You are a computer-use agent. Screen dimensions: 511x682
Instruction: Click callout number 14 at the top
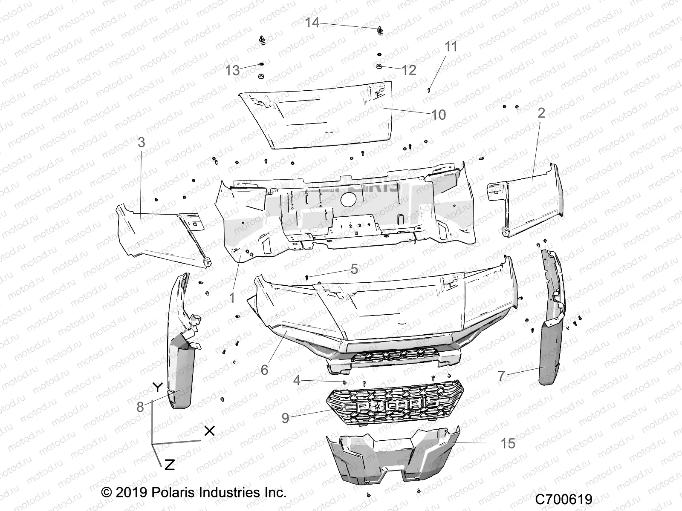point(312,23)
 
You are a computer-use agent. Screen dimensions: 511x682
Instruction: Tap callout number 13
point(233,70)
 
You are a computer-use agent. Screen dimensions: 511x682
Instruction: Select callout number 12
point(409,70)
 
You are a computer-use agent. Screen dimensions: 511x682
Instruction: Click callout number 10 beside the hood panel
point(439,115)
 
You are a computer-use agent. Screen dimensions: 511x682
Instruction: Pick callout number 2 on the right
point(541,113)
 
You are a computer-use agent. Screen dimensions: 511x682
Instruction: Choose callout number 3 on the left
point(141,142)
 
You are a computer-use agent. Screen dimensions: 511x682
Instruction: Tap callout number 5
point(354,269)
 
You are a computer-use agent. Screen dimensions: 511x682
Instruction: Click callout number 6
point(265,370)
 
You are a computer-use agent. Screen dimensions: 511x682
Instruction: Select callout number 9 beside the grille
point(285,418)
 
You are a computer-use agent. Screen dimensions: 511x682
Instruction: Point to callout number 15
point(508,443)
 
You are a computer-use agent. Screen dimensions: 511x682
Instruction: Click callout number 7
point(501,376)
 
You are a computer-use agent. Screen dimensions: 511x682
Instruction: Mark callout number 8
point(140,407)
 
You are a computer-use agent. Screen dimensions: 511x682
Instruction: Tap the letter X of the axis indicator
point(209,431)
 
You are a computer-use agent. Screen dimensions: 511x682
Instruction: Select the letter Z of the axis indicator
point(169,465)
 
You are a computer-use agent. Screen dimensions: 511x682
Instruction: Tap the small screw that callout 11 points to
point(428,90)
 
